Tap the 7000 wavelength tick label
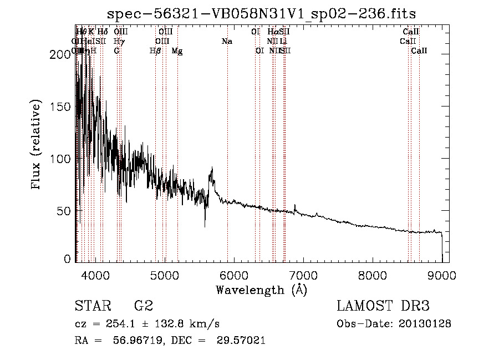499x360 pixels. [x=303, y=274]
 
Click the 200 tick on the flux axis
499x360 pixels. [x=63, y=54]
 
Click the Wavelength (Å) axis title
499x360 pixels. [x=261, y=290]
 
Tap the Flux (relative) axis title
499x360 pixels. [x=37, y=145]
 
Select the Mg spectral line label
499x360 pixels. [x=177, y=51]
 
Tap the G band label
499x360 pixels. [x=116, y=51]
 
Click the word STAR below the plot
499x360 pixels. [x=93, y=306]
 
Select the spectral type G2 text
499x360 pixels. [x=144, y=306]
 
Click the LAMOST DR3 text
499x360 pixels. [x=383, y=306]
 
